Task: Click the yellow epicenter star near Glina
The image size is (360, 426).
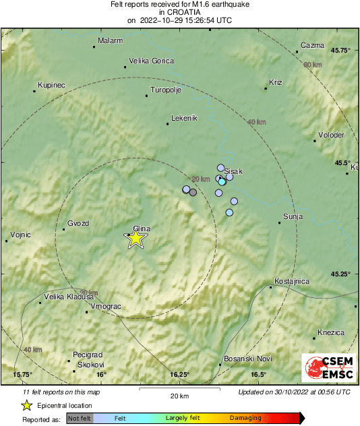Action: pos(136,239)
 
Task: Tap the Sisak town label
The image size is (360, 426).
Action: pos(233,171)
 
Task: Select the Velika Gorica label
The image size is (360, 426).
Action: pos(151,61)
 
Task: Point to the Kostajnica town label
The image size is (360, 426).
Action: pos(292,280)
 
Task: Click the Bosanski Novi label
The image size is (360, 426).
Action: pos(247,359)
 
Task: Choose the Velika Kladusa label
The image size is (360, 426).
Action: pos(67,297)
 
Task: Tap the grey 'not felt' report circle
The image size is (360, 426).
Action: pos(193,192)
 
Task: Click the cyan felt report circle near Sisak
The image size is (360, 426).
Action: pos(222,181)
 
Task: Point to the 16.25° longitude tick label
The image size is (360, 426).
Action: pos(179,375)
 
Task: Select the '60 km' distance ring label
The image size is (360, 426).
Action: pos(312,64)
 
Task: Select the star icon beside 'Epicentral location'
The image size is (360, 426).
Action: pos(26,405)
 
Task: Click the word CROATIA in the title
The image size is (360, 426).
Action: pos(179,12)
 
